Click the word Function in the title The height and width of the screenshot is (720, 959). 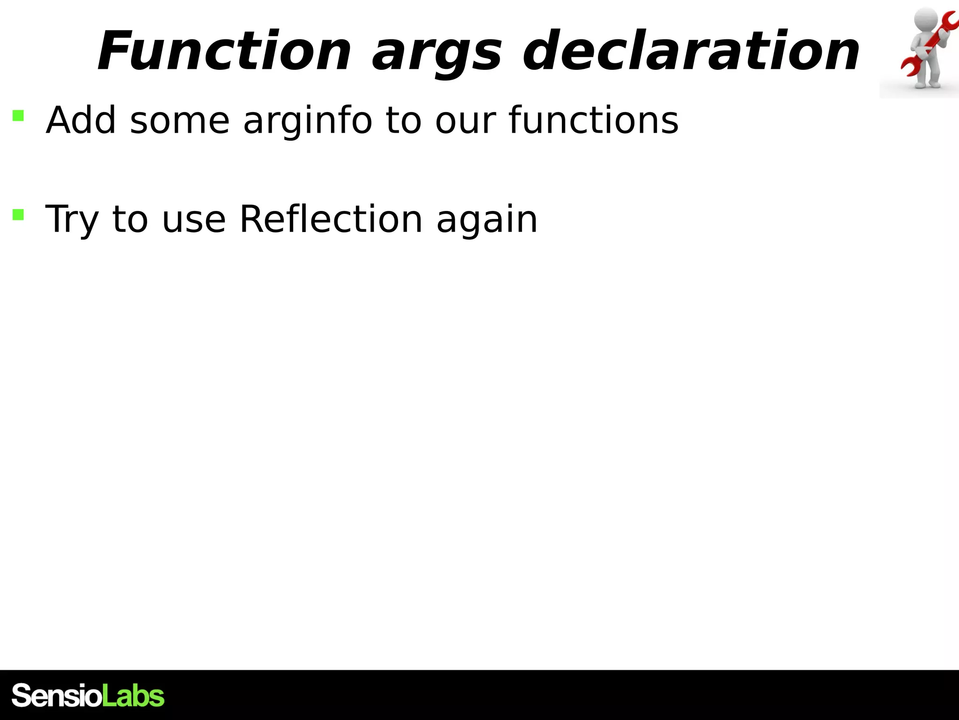224,52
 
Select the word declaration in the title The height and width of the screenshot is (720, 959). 691,52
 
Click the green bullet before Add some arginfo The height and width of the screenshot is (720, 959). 18,115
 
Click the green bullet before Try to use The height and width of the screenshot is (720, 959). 18,214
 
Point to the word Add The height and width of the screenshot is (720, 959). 81,120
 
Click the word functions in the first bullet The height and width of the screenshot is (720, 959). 593,120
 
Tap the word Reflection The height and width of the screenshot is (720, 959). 331,219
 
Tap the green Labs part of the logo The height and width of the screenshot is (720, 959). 133,695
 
